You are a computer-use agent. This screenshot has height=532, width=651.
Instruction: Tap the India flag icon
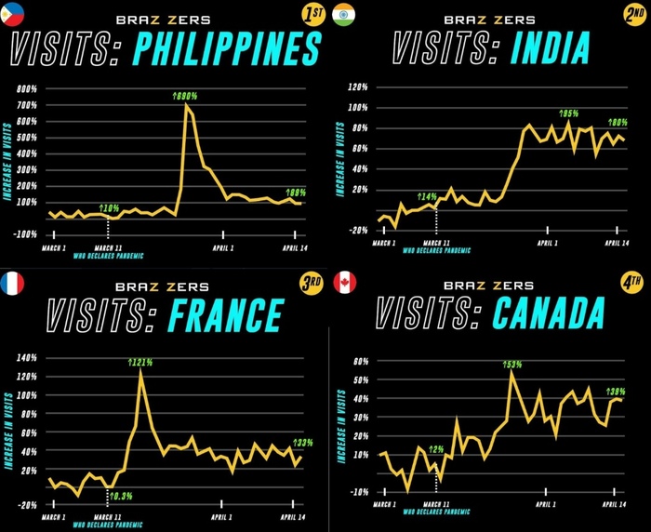[x=343, y=15]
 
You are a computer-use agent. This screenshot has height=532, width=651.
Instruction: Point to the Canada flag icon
[x=343, y=282]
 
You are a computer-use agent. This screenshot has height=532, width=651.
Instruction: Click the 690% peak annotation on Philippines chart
[x=185, y=96]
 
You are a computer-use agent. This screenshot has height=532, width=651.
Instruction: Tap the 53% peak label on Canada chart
[x=511, y=364]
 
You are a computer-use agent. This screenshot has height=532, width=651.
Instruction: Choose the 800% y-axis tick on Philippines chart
[x=26, y=89]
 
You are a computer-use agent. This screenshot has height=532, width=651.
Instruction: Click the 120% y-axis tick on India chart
[x=358, y=87]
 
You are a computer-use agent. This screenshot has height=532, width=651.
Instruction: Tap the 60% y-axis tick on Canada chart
[x=360, y=360]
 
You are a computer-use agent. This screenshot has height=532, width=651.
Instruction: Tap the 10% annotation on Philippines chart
[x=110, y=207]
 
